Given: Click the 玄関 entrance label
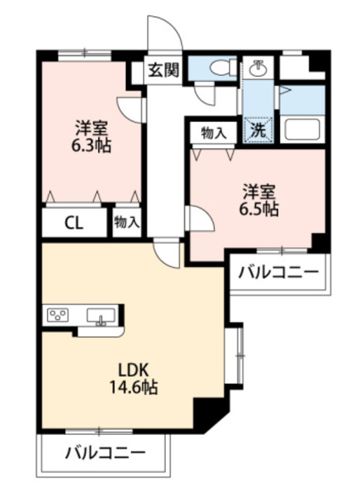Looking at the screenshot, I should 163,71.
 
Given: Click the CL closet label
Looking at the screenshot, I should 74,224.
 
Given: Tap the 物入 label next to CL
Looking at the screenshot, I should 127,223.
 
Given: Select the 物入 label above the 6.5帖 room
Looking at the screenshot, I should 213,133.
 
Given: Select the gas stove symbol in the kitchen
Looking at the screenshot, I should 59,315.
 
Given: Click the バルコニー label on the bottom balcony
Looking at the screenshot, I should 104,453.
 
